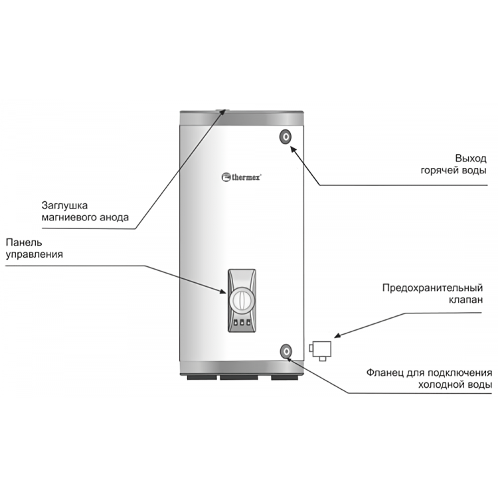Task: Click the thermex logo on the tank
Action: [241, 177]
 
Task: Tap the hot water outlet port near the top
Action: [286, 137]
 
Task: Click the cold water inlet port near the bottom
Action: [286, 351]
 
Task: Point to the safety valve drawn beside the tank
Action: [321, 351]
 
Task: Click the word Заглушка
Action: [64, 205]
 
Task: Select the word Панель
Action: [24, 242]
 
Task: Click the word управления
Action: [35, 255]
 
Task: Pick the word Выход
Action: [471, 158]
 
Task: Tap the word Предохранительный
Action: [432, 288]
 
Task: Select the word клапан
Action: [465, 300]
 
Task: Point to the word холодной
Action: [442, 385]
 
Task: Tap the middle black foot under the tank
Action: [239, 377]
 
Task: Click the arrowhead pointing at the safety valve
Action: [337, 335]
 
